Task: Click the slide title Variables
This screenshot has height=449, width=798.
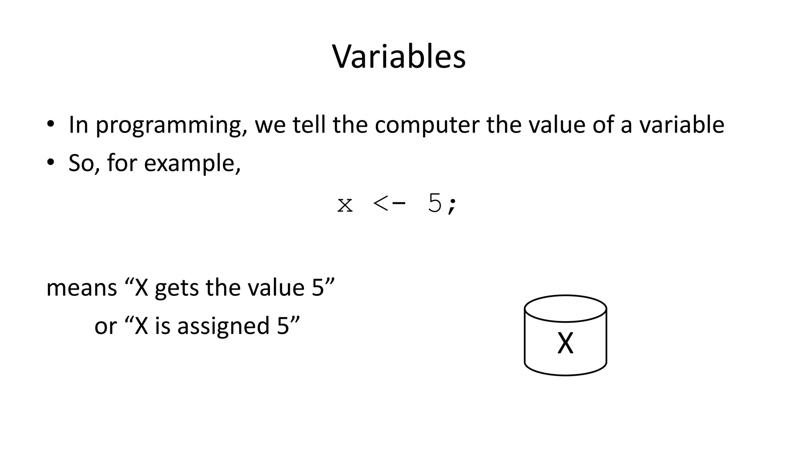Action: click(399, 57)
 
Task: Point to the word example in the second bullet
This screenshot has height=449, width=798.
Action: click(192, 164)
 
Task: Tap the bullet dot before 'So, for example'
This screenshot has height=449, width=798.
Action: click(50, 163)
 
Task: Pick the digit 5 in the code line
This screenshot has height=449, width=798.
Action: click(434, 203)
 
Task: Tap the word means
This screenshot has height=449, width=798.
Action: click(81, 288)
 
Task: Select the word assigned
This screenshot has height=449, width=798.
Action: click(223, 326)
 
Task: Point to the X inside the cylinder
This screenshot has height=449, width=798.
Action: click(565, 343)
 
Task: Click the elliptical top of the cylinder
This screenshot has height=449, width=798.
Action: click(565, 308)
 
